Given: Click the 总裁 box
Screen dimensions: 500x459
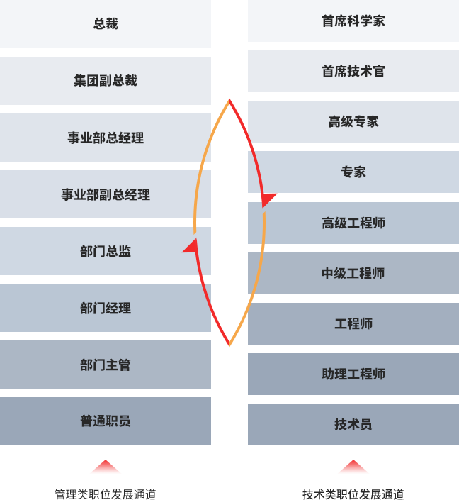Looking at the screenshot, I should click(106, 24).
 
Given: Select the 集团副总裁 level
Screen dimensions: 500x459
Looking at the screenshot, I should click(106, 81).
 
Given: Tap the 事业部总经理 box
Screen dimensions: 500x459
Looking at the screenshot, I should click(106, 138).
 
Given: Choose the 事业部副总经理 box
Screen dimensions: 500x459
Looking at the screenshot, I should click(106, 194).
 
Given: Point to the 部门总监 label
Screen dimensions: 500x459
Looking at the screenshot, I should click(106, 252).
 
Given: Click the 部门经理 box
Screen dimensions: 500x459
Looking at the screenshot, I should click(106, 309).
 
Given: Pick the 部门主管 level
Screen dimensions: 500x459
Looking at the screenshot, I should click(106, 365).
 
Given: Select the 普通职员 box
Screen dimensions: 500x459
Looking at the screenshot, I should click(106, 421).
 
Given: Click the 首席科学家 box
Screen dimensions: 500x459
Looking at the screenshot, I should click(353, 21).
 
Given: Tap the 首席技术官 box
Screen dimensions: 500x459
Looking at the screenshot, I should click(353, 72).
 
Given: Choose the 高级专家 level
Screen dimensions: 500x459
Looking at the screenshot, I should click(353, 122).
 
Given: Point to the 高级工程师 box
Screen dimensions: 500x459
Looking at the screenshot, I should click(353, 223).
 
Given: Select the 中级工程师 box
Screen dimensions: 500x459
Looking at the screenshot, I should click(353, 274).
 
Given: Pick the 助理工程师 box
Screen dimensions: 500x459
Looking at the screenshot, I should click(353, 374).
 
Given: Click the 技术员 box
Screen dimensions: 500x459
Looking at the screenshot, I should click(353, 425).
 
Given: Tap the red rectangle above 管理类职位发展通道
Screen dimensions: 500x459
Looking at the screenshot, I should click(106, 467).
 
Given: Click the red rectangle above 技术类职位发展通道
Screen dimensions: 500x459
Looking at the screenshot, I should click(353, 467).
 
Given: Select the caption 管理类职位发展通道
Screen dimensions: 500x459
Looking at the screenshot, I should click(106, 494).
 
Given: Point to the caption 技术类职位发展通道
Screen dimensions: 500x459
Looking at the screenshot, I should click(353, 494).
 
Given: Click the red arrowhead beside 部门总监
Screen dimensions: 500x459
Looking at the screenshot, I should click(190, 246).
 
